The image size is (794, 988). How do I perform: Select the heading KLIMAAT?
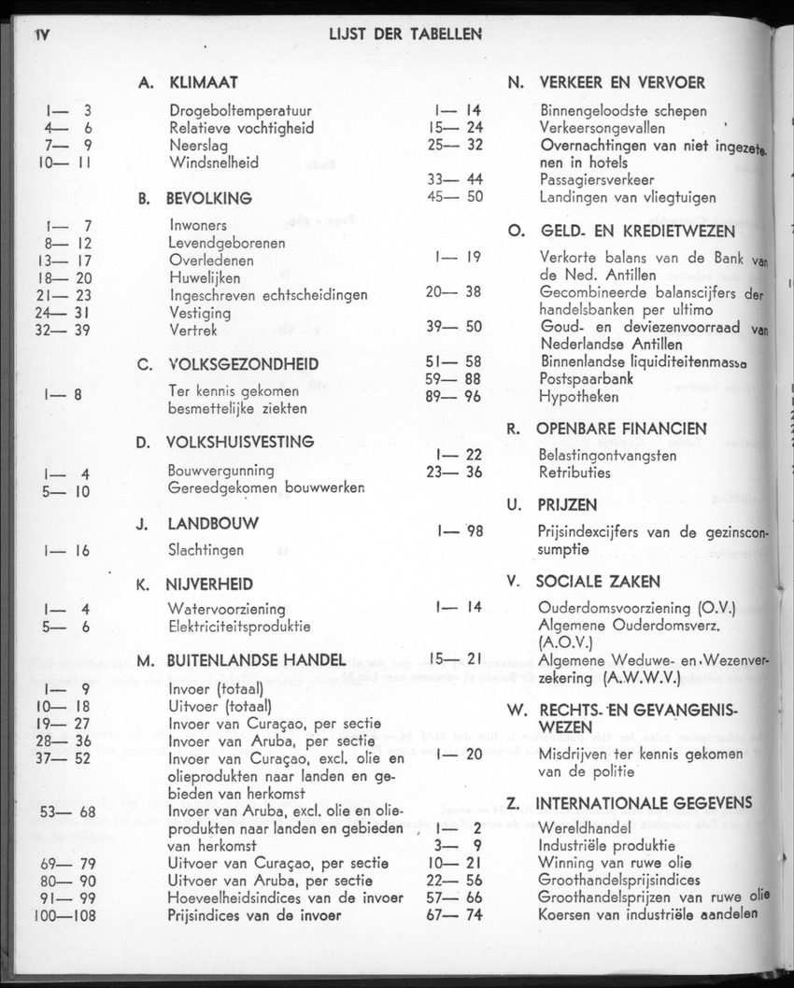point(203,83)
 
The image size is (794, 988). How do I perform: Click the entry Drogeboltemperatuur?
point(240,111)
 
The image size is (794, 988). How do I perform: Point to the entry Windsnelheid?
point(214,162)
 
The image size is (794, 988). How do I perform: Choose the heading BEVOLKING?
point(208,199)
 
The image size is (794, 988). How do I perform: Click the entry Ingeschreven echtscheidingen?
point(268,295)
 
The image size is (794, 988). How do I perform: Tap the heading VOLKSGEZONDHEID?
point(242,364)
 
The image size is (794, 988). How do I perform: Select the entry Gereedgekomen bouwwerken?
point(266,487)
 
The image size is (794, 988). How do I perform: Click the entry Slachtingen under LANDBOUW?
point(206,550)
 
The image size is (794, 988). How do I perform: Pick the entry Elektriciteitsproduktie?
point(239,627)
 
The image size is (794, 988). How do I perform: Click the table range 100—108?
point(64,915)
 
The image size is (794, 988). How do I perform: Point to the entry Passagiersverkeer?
point(596,179)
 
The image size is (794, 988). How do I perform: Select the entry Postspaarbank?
point(586,379)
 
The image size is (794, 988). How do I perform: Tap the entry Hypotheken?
point(578,396)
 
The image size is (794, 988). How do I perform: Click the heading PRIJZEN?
point(566,505)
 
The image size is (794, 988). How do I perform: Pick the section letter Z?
point(513,803)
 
